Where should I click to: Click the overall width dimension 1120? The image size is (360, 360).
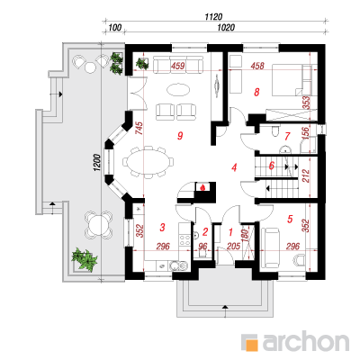[x=213, y=17]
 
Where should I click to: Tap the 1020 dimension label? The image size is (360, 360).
[x=226, y=28]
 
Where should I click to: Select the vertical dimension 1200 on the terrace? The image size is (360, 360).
[x=97, y=163]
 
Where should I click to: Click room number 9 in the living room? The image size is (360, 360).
[x=180, y=136]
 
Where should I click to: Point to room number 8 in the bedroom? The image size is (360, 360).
[x=256, y=92]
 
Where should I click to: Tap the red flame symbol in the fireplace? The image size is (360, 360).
[x=203, y=187]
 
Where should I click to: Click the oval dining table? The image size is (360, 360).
[x=147, y=161]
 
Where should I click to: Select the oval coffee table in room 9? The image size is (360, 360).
[x=177, y=90]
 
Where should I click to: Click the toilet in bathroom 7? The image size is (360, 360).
[x=274, y=131]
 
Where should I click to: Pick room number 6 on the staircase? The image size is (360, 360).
[x=272, y=166]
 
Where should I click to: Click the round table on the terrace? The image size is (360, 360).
[x=98, y=225]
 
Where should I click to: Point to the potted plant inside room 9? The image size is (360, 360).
[x=142, y=63]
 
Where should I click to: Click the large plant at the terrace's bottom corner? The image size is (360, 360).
[x=85, y=258]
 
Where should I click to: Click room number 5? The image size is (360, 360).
[x=290, y=219]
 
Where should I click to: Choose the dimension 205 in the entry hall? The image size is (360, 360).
[x=233, y=247]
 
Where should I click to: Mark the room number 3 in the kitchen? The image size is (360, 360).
[x=162, y=227]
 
